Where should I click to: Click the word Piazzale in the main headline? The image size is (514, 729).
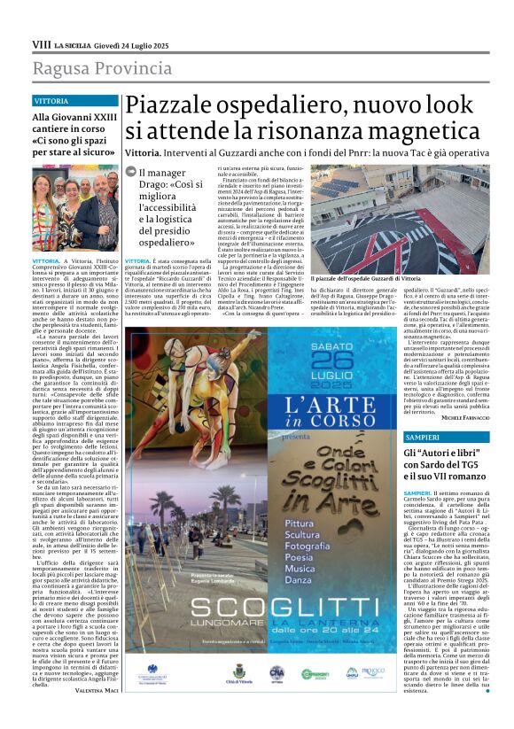pyautogui.click(x=169, y=107)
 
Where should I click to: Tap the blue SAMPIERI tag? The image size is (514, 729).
pyautogui.click(x=422, y=413)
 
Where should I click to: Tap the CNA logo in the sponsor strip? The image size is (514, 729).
pyautogui.click(x=276, y=672)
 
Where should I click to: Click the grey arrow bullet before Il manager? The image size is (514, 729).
pyautogui.click(x=129, y=174)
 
